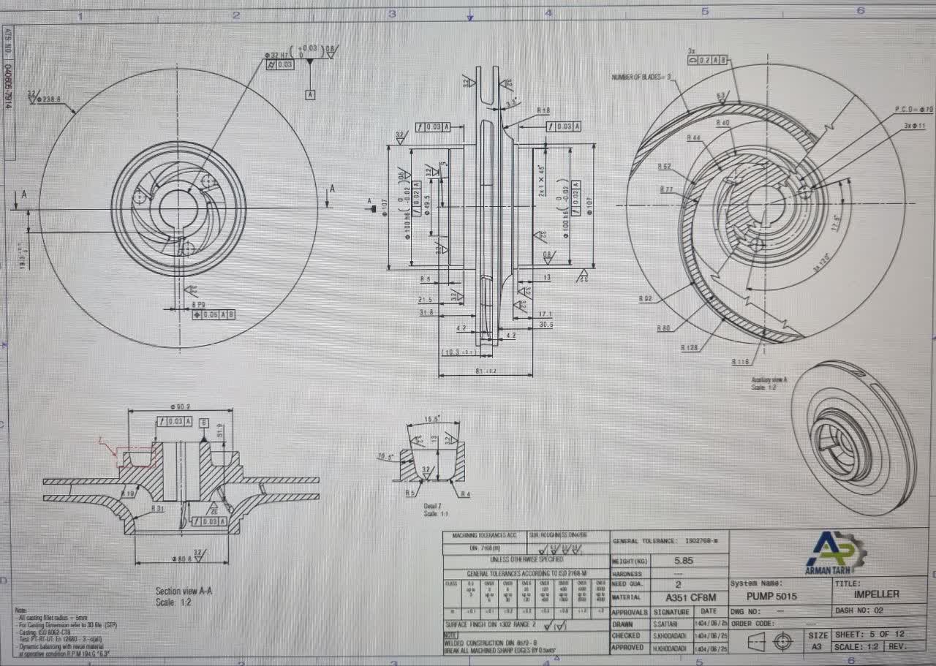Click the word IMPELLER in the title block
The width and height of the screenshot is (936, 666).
[877, 594]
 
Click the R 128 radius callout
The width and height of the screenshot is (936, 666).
[690, 348]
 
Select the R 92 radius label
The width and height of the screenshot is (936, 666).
[645, 298]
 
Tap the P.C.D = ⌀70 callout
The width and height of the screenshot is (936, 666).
[913, 109]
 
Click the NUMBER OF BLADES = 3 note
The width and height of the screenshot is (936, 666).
[641, 76]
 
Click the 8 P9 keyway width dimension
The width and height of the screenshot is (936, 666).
[197, 303]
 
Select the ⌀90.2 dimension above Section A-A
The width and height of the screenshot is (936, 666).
[180, 406]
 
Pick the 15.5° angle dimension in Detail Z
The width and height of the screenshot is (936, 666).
[432, 420]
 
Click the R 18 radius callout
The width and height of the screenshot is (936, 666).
[543, 110]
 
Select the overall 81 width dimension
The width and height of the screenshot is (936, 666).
[485, 371]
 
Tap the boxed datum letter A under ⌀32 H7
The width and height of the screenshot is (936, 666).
[311, 95]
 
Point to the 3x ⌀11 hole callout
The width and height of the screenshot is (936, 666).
[914, 126]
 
